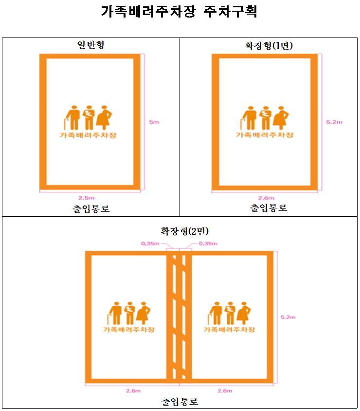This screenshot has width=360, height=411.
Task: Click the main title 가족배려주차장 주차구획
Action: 179,12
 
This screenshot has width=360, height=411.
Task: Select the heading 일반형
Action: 90,45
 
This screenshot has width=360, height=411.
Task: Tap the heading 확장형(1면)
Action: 269,46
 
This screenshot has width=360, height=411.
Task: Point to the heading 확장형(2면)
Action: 184,231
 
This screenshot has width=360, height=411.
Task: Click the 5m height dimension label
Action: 154,122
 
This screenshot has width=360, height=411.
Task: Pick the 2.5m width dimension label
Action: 87,198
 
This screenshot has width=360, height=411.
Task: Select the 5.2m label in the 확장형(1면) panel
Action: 334,122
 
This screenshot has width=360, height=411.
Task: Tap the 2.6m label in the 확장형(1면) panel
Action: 266,198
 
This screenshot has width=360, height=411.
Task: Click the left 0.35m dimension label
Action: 150,243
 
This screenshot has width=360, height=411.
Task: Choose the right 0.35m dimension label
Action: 208,243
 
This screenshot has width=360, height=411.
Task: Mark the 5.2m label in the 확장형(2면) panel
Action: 288,317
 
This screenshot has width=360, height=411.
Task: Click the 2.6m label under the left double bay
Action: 133,391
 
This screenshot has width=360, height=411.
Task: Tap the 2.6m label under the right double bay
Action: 225,391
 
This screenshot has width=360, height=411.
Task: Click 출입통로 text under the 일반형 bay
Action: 91,208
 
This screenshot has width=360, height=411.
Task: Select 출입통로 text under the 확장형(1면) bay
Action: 269,207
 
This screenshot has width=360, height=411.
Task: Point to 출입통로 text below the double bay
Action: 180,401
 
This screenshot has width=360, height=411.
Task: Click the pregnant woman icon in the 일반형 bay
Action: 104,117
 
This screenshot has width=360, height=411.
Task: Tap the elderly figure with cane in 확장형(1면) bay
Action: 249,118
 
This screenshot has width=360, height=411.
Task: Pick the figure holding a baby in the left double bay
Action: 129,313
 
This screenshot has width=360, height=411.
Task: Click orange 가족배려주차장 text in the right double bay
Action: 229,330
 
